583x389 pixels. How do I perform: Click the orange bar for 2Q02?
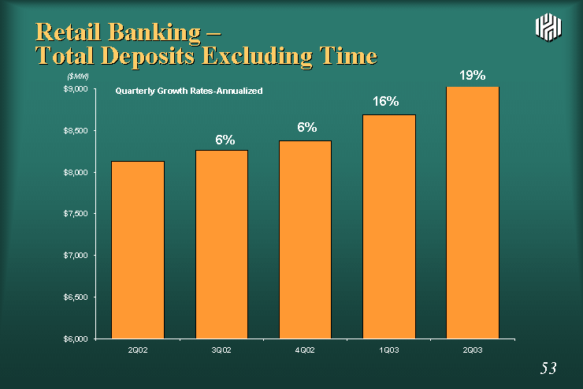[138, 250]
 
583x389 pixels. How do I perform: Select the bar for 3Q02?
[221, 245]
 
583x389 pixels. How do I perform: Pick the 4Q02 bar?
[305, 240]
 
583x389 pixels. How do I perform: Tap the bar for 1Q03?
[389, 226]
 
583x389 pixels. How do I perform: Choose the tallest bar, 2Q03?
[473, 212]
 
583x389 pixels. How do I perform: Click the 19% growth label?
[472, 76]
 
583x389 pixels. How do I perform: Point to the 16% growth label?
[386, 101]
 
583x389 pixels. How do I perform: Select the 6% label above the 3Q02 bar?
[225, 140]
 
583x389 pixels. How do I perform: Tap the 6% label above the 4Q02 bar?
[306, 127]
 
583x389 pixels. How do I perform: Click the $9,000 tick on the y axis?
[76, 89]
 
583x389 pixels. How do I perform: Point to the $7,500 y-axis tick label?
[76, 214]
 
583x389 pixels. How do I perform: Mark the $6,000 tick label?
[76, 339]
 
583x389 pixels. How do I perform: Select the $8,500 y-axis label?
[76, 131]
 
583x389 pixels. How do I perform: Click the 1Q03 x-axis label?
[389, 350]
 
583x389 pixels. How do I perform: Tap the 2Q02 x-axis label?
[138, 350]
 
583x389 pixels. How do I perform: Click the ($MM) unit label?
[78, 77]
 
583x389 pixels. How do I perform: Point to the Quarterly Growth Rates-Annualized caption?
[189, 92]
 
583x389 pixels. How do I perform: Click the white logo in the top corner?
[548, 27]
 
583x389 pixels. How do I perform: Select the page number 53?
[548, 368]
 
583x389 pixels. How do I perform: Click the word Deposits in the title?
[147, 57]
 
